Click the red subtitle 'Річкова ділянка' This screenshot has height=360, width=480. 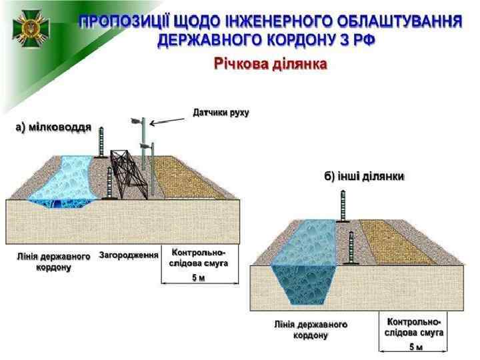pos(270,65)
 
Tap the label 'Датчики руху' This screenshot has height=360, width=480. pos(221,112)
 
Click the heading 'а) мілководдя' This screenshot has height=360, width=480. pos(54,127)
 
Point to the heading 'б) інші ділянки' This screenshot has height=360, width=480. pos(365,177)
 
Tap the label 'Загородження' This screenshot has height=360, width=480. pos(129,255)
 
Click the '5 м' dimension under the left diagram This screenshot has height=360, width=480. pos(199,278)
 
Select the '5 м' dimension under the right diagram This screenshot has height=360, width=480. pos(416,347)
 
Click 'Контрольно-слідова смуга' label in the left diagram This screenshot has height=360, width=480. pos(199,258)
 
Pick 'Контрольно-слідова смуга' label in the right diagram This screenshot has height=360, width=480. pos(415,326)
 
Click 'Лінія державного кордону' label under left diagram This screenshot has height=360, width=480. pos(53,261)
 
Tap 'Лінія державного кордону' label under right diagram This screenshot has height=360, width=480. pos(311,329)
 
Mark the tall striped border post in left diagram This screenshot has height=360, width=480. pos(102,142)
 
